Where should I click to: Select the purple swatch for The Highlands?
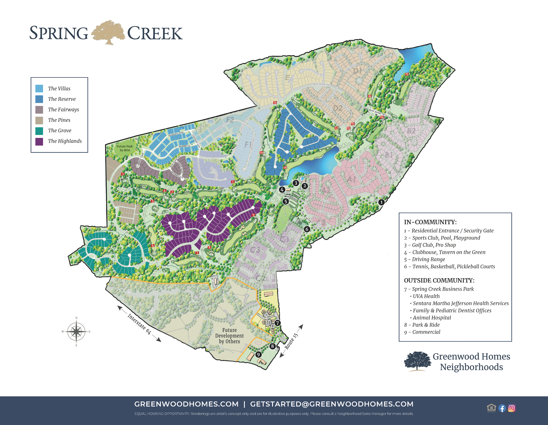point(39,141)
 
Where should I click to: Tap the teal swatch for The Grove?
point(39,131)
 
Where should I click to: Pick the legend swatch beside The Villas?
point(39,88)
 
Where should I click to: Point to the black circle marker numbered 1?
point(381,202)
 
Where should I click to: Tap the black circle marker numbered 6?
point(307,229)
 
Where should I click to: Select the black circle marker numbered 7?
point(277,323)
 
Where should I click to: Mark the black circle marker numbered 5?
point(285,201)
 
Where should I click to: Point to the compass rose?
point(76,332)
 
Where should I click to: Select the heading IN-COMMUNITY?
point(430,222)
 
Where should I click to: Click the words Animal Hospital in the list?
point(432,318)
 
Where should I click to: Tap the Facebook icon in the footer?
point(502,408)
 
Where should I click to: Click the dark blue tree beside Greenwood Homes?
point(417,361)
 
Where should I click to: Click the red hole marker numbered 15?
point(407,74)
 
